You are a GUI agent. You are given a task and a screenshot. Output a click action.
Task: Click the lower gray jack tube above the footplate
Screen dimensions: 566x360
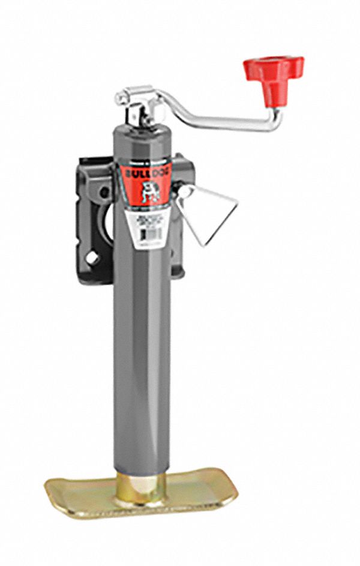click(x=142, y=390)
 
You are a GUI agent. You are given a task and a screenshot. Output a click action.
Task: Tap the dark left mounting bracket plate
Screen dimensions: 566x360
click(x=90, y=222)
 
